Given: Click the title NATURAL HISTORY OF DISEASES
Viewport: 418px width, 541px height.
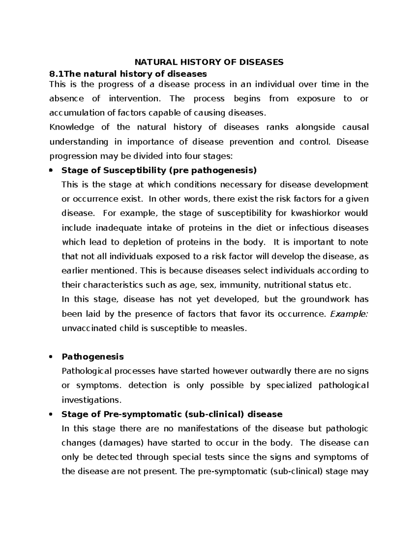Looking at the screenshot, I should click(209, 62).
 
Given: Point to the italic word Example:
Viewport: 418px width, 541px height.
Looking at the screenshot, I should click(349, 314).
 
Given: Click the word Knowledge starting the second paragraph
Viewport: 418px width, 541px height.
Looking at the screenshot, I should click(72, 127).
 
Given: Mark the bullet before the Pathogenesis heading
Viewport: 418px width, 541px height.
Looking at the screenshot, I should click(51, 357).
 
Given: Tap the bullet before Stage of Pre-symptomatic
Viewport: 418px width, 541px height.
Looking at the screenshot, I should click(51, 414).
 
